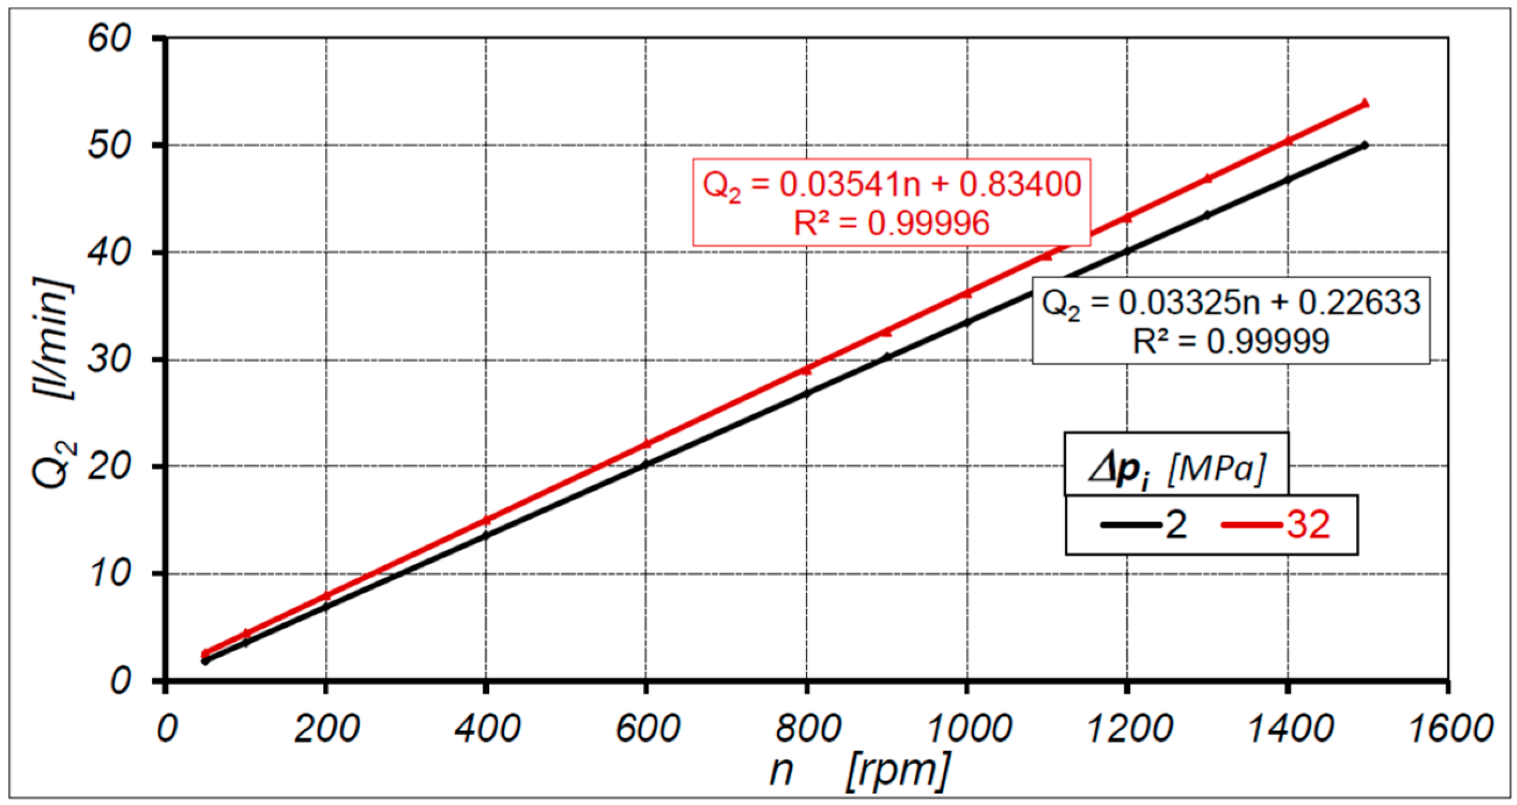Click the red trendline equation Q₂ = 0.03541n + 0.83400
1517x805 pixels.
[892, 185]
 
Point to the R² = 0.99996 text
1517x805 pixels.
[892, 224]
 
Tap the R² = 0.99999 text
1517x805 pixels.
[1231, 341]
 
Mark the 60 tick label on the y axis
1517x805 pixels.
[109, 39]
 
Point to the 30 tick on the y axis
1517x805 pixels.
[109, 360]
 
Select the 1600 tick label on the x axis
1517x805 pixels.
[1449, 728]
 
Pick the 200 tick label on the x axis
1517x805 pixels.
[326, 728]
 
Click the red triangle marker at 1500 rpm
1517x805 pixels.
[1364, 104]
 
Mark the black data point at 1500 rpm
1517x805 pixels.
[1364, 146]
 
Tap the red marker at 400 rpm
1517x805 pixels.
[487, 519]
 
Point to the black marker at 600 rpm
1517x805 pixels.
[646, 465]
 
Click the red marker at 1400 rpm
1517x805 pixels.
[1288, 140]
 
